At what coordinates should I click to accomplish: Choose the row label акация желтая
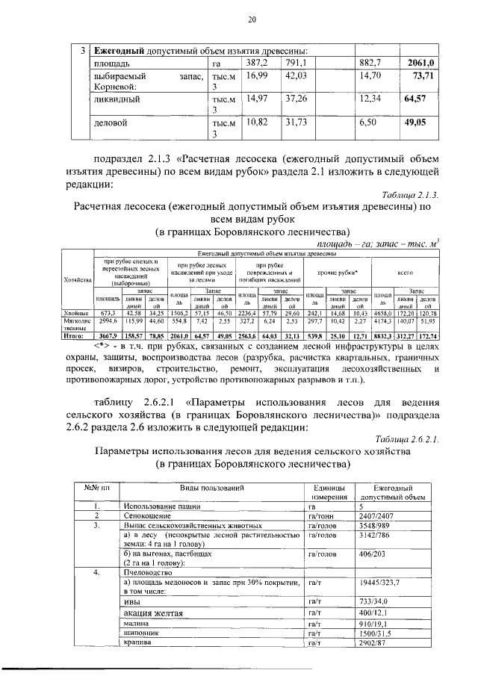click(x=156, y=612)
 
